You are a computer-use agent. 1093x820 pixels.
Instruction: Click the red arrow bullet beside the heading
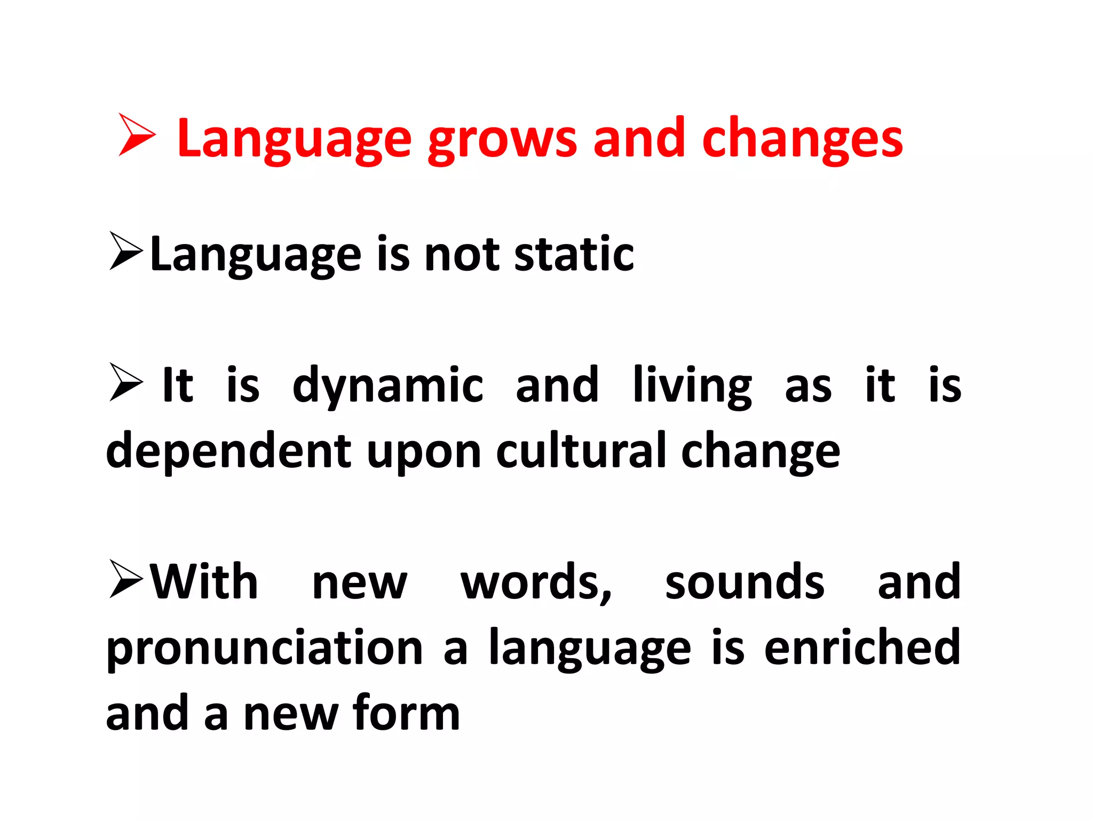137,135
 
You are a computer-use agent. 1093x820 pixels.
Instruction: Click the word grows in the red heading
502,140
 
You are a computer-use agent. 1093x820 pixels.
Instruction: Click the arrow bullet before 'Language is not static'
126,251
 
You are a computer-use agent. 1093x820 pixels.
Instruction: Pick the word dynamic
388,385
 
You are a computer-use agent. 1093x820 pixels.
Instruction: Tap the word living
692,385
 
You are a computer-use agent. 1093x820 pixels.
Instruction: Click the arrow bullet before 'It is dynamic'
126,382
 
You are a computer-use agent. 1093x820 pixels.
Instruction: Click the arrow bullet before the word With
126,579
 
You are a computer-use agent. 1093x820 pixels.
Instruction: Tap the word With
204,582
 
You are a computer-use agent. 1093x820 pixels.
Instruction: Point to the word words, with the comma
536,583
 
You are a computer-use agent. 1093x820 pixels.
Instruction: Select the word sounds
744,582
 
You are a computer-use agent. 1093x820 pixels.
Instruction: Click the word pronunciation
265,649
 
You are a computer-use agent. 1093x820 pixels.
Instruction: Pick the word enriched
862,647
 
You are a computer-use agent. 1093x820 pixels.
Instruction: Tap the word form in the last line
406,713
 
